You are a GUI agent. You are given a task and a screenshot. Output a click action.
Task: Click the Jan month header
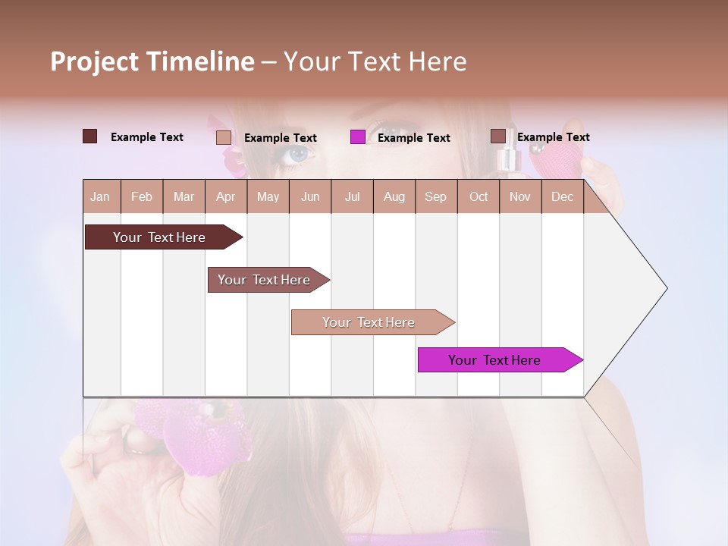(x=101, y=196)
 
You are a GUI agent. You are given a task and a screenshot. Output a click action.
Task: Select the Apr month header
(x=226, y=196)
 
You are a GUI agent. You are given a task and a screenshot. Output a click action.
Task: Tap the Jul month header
(x=352, y=196)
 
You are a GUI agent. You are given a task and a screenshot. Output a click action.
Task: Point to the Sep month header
(x=435, y=196)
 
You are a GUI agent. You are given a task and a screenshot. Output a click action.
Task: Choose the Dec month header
(x=562, y=196)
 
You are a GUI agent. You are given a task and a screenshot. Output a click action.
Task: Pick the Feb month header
(x=142, y=196)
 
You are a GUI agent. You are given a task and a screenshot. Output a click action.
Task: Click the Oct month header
(x=478, y=196)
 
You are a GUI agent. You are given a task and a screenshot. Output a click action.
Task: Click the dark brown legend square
(x=90, y=136)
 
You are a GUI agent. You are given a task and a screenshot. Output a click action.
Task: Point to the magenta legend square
(x=358, y=137)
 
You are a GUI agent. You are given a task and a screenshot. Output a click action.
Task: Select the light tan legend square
(x=224, y=137)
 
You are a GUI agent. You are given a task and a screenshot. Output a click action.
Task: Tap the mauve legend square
(x=497, y=136)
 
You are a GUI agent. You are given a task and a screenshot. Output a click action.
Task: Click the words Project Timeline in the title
(x=152, y=61)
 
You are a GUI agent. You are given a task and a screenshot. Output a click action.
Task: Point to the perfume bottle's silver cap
(x=507, y=158)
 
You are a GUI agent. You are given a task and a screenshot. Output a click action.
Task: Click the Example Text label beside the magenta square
(x=413, y=137)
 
